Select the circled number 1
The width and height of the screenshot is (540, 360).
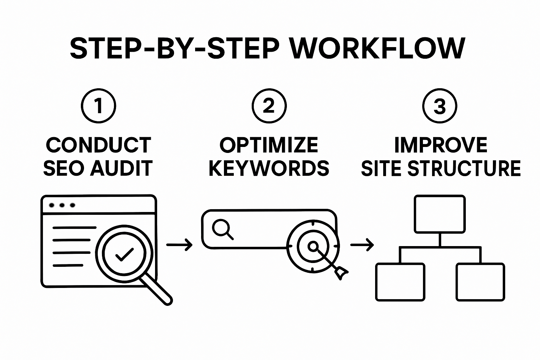click(x=98, y=105)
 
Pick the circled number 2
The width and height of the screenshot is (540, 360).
click(x=269, y=105)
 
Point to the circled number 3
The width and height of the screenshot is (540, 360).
click(x=439, y=105)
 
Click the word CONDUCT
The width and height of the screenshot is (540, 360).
click(x=98, y=145)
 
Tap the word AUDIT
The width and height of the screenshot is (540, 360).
click(x=121, y=168)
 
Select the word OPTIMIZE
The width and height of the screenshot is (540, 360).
click(x=269, y=145)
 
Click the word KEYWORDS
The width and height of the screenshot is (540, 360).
click(x=269, y=168)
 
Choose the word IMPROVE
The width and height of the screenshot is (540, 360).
click(x=441, y=145)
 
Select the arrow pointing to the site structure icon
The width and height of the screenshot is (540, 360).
click(x=362, y=245)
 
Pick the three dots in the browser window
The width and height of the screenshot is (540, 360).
click(x=62, y=205)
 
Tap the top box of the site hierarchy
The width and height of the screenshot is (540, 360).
click(x=439, y=214)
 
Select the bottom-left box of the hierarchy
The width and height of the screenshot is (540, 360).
click(x=400, y=282)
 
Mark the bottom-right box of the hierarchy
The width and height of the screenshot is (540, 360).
click(x=480, y=282)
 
